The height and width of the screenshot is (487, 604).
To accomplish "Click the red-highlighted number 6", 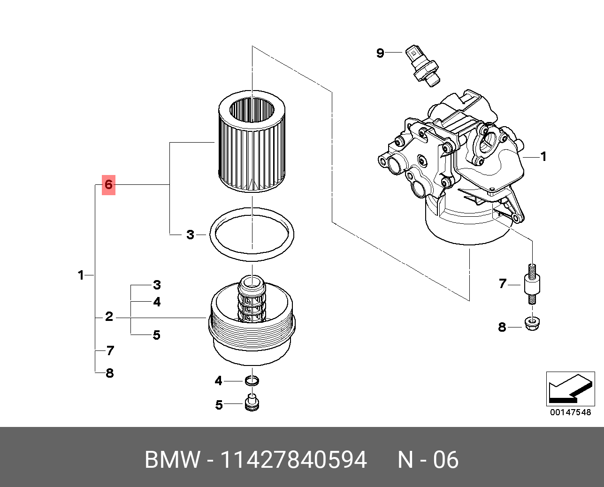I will point(108,184).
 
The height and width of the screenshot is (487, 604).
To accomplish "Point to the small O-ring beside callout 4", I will point(252,380).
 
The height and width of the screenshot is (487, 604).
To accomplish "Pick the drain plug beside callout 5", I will point(252,403).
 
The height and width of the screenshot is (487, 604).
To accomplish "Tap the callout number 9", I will point(380,53).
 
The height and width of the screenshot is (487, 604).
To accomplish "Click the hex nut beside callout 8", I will point(531,324).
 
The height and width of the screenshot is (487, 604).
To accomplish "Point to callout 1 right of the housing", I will point(543,156).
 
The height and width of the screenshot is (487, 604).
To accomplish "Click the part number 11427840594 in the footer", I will point(293,460).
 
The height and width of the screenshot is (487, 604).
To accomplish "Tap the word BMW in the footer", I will point(172,460).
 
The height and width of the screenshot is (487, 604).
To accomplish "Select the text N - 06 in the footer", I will point(428,460).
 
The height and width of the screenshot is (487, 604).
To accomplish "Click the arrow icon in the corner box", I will point(570,389).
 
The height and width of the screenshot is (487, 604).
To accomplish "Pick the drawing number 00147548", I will point(570,412).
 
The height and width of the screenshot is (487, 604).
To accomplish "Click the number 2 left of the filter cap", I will point(109,317).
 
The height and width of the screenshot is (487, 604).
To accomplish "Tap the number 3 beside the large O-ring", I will point(190,234).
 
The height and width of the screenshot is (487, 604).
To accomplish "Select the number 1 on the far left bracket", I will point(81,275).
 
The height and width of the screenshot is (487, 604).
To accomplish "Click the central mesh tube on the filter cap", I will point(252,300).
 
